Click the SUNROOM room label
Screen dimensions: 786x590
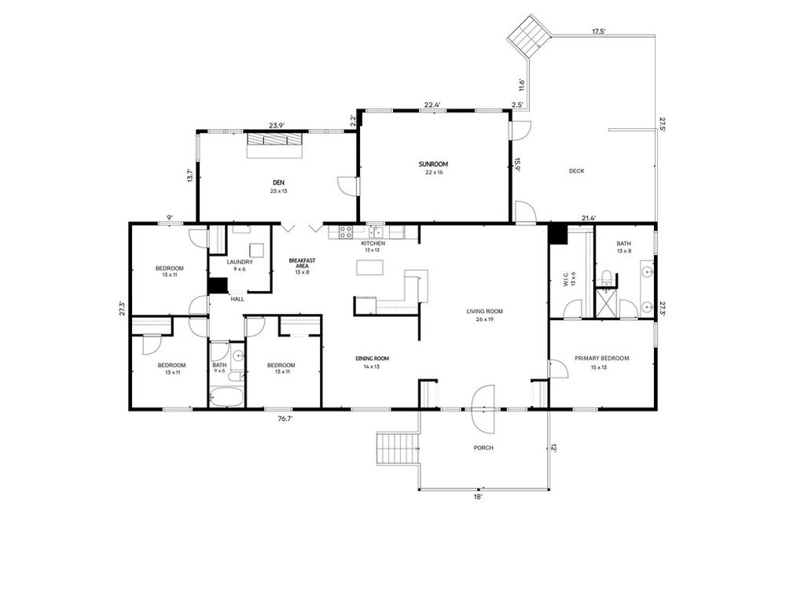(433, 164)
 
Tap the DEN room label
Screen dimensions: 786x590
(279, 183)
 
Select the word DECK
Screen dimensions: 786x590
(576, 171)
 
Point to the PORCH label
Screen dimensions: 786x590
(483, 448)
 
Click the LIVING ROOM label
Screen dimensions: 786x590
(484, 312)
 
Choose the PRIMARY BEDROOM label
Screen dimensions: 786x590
(601, 359)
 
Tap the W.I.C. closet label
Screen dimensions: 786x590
(565, 279)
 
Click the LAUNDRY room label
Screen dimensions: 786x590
(240, 262)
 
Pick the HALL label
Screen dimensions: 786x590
(237, 299)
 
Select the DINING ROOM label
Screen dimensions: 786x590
(372, 359)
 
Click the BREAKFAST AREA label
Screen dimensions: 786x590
(302, 263)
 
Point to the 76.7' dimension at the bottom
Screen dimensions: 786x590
(285, 419)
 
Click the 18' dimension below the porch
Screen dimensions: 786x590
(478, 496)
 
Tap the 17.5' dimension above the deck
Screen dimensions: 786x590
(599, 31)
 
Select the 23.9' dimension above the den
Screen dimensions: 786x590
(276, 126)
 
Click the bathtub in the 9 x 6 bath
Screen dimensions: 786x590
(226, 396)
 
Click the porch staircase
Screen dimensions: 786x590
(398, 448)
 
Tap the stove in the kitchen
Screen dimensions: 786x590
(346, 232)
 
